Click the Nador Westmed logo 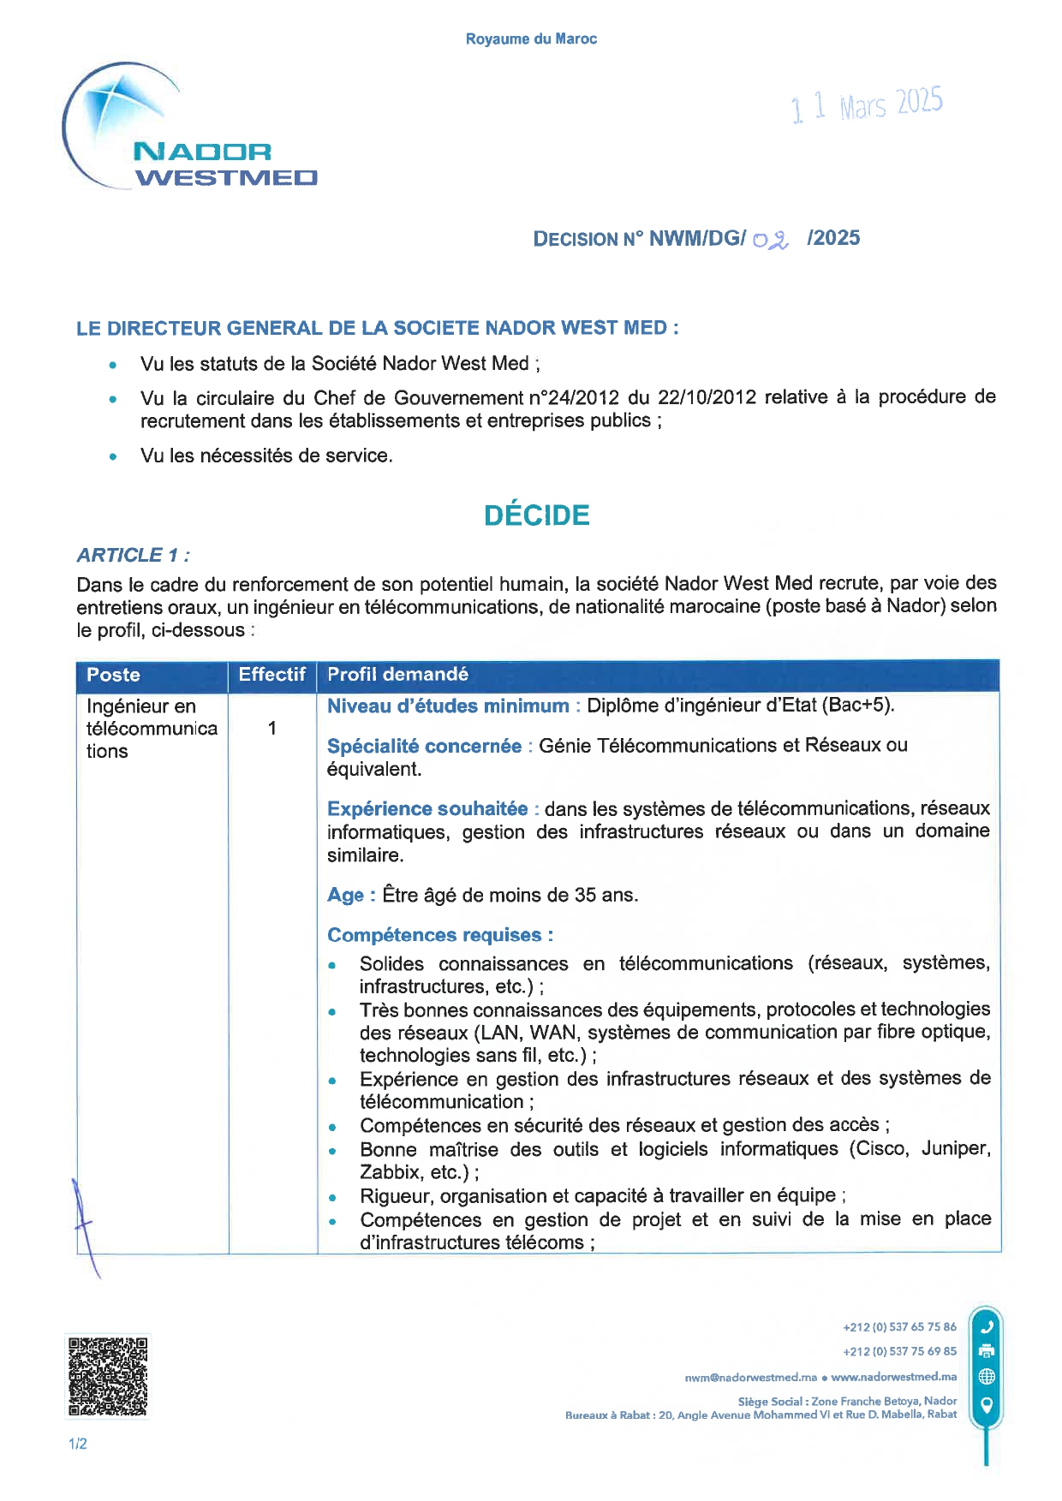(190, 128)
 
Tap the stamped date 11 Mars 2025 (866, 105)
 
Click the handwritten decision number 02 (771, 240)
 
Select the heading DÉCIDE (537, 515)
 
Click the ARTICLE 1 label (133, 555)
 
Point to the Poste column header (113, 675)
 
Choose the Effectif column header (271, 675)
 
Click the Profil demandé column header (397, 675)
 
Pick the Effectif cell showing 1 (271, 728)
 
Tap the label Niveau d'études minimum (448, 706)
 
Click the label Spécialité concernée (424, 746)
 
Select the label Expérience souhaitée (427, 809)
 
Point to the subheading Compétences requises (439, 935)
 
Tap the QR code (108, 1376)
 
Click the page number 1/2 (78, 1444)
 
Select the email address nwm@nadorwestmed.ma (750, 1377)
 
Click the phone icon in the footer (987, 1327)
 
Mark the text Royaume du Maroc (531, 39)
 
